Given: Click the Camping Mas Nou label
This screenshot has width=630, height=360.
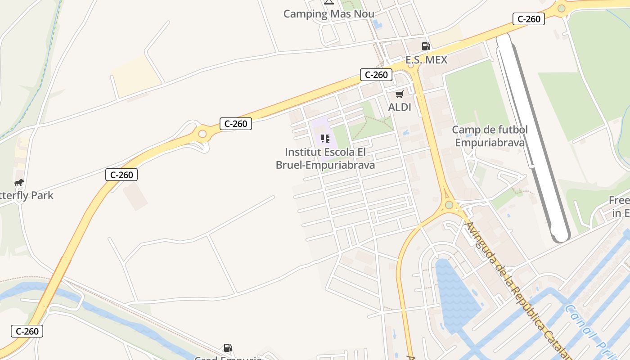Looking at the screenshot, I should point(328,14).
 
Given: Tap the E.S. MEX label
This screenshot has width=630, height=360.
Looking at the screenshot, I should point(426,60).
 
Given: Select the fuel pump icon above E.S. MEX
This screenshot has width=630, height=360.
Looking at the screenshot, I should point(426,46).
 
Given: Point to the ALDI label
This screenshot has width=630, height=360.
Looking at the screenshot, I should point(400,107).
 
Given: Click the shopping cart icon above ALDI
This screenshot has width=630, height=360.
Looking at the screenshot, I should point(399,94).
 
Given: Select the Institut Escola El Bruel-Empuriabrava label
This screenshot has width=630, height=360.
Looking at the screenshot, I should point(325,158).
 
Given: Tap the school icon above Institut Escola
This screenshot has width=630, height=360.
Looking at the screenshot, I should point(325,139).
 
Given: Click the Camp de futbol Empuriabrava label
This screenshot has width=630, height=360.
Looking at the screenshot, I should point(490,136).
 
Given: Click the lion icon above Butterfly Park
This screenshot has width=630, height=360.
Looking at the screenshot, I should point(18,182).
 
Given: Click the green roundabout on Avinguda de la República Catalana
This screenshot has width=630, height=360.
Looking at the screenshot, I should point(449,205).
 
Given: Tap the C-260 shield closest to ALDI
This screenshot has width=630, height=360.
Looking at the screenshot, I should point(376,75).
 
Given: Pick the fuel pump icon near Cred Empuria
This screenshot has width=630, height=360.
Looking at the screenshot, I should point(228,348).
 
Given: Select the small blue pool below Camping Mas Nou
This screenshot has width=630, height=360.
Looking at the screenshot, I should point(377,24).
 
